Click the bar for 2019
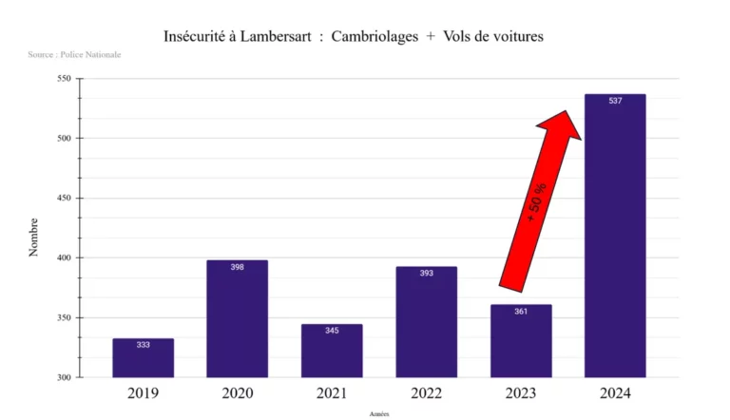click(x=143, y=359)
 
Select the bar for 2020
click(x=237, y=320)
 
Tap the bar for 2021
click(x=332, y=353)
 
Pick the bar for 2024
click(x=615, y=238)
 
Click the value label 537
click(x=615, y=101)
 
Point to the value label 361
click(x=521, y=312)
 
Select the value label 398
click(x=237, y=267)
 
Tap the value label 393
click(x=426, y=273)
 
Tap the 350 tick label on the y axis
click(x=65, y=318)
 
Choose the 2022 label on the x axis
click(x=426, y=391)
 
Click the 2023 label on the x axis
click(x=521, y=391)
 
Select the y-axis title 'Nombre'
click(x=33, y=237)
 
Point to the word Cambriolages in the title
click(x=377, y=36)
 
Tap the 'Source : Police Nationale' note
click(x=74, y=55)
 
